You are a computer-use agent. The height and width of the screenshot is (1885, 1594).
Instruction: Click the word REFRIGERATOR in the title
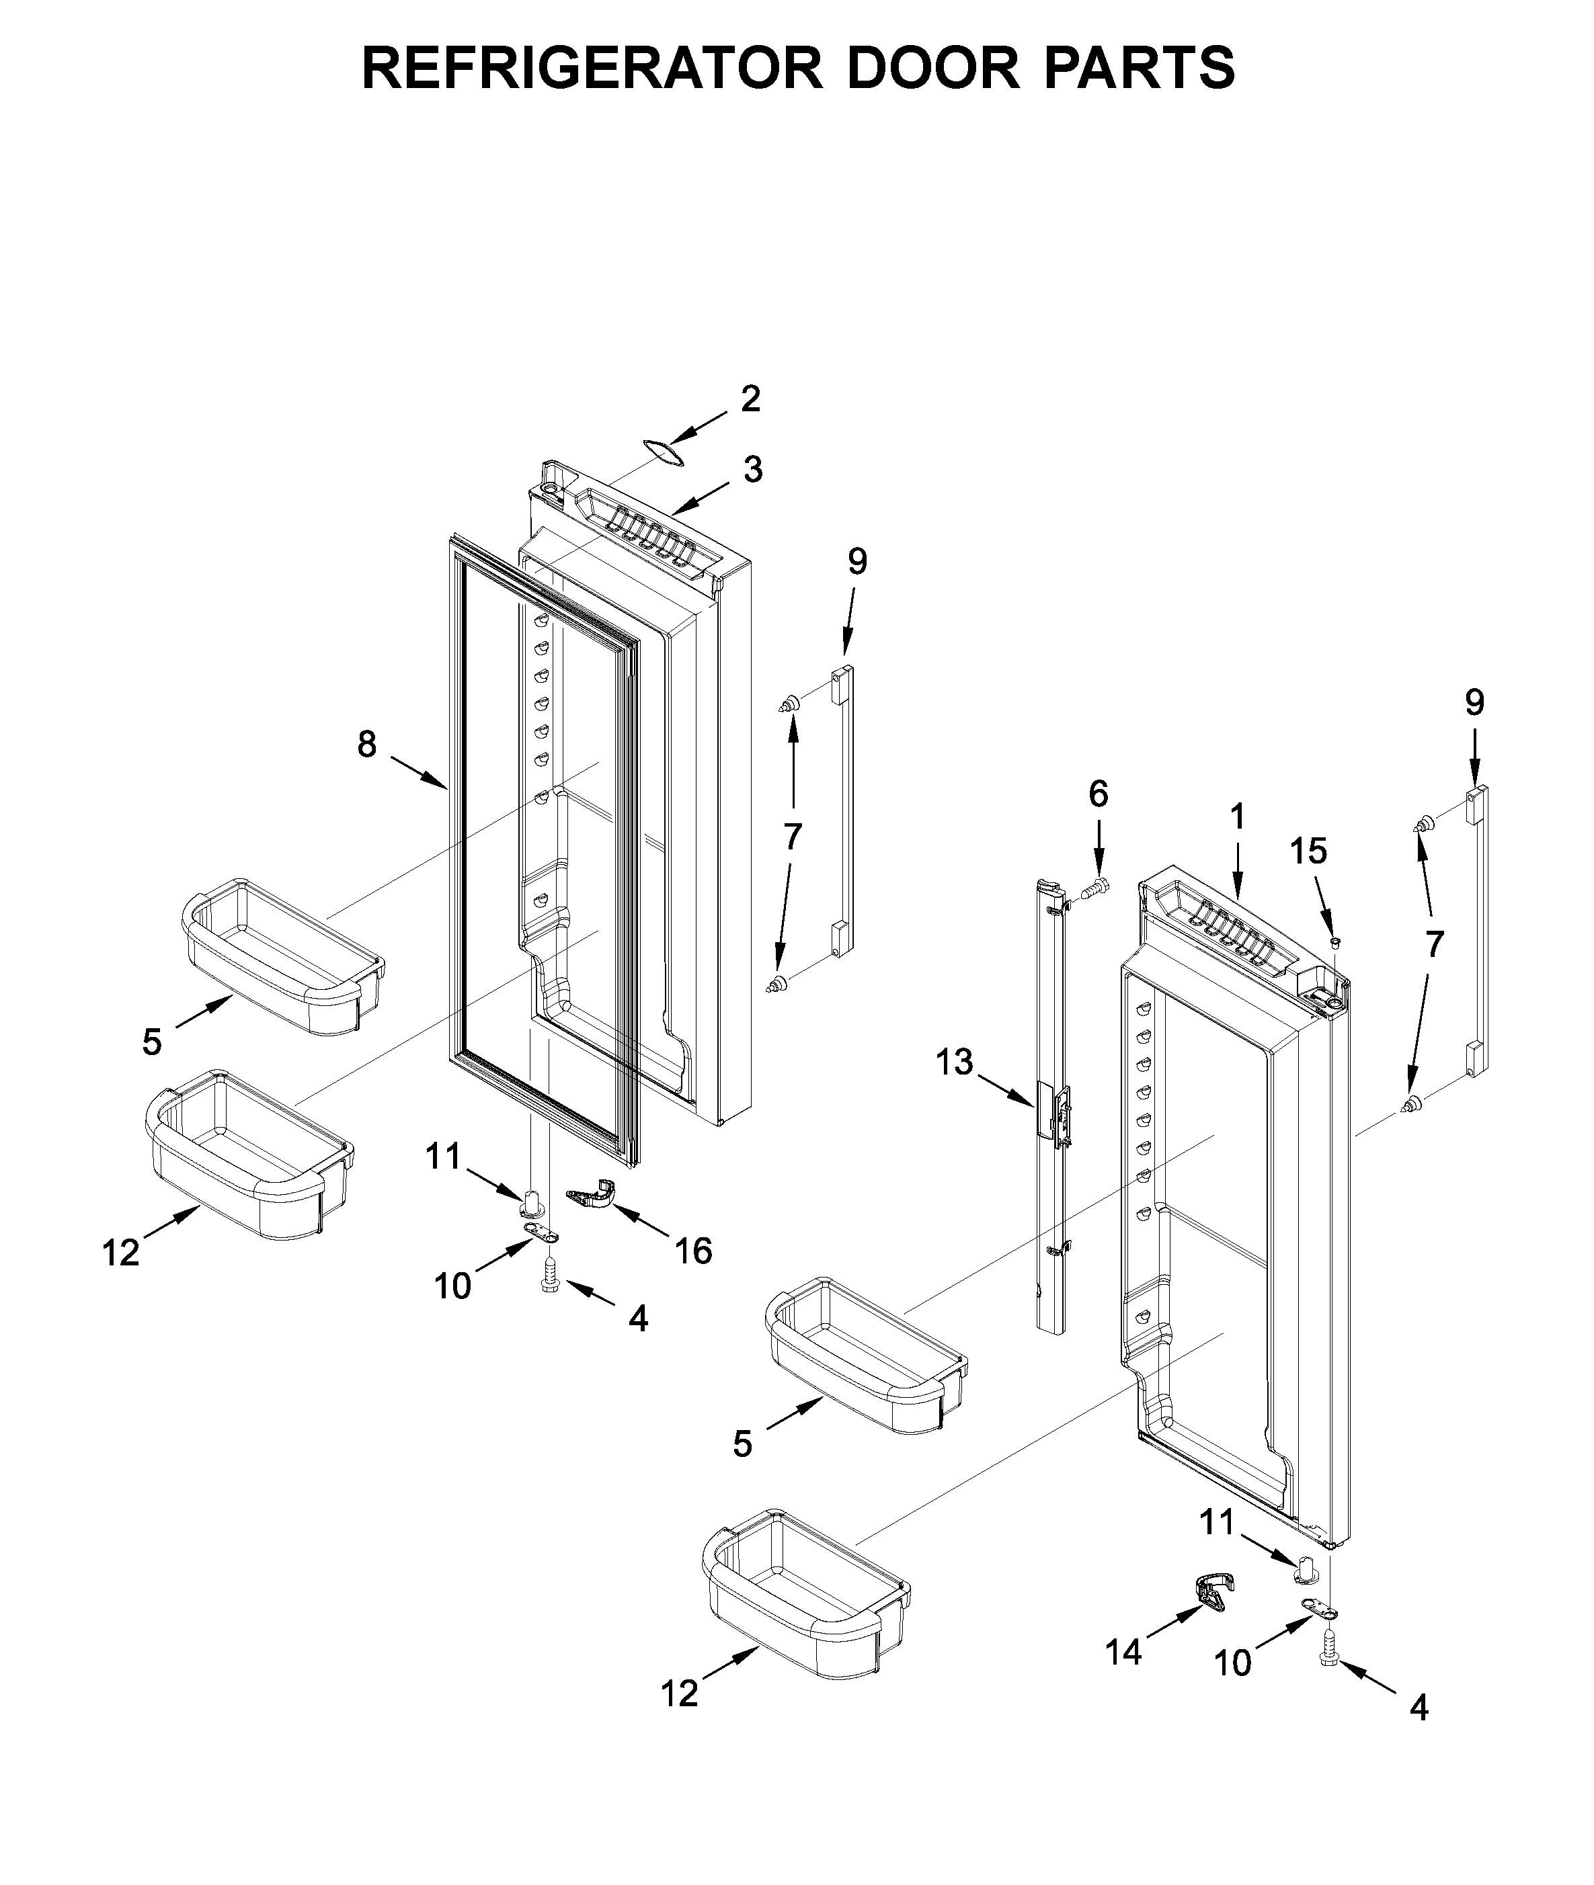[592, 68]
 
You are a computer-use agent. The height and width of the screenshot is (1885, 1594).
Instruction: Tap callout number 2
[750, 399]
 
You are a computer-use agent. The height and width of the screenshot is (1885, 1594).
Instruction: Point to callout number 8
[366, 744]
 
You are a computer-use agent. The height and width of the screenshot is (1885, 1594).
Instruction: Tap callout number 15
[1308, 851]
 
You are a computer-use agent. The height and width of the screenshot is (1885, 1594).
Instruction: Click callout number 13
[954, 1062]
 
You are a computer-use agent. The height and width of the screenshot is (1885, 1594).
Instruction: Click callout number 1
[1237, 816]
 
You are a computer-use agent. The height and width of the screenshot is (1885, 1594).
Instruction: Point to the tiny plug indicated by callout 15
[1336, 942]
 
